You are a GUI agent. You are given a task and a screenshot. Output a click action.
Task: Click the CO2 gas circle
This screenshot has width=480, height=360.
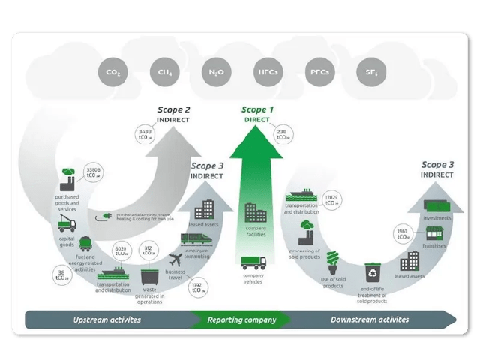click(113, 73)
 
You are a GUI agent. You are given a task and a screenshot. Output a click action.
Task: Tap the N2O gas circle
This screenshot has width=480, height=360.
click(215, 73)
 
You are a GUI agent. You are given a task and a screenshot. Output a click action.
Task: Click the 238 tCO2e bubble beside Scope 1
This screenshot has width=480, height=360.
click(283, 135)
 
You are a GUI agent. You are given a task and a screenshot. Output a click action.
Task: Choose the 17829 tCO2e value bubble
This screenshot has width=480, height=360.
click(334, 200)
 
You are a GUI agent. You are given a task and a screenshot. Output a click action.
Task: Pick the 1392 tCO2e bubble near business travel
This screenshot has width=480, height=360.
click(197, 287)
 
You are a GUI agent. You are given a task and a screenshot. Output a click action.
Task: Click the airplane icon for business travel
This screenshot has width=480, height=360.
click(176, 259)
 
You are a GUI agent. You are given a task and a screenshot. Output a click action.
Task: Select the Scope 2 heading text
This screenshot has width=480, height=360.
click(173, 109)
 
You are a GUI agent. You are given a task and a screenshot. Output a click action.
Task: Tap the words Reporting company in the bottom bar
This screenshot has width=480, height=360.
click(241, 319)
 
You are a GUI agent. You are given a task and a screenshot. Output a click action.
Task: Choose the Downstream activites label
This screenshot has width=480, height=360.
click(370, 319)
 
